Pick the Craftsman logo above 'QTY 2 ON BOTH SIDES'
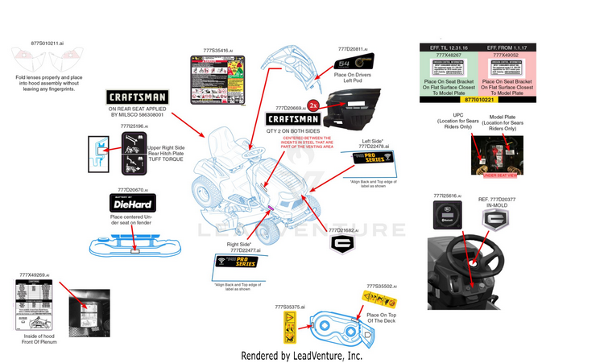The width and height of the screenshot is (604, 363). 292,122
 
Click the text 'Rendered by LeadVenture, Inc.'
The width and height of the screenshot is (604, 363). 302,355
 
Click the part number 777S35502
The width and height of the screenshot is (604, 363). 379,286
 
